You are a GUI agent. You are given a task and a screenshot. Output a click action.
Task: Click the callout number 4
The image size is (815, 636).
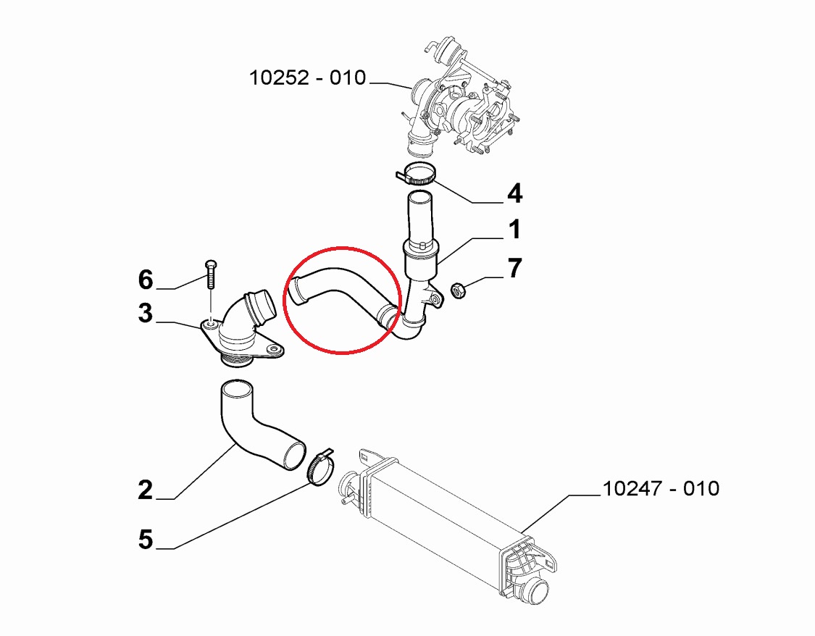coord(514,194)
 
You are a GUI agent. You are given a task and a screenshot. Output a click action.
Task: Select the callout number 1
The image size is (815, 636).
coord(514,229)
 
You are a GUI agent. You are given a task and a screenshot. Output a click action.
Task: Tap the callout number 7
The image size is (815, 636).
coord(514,269)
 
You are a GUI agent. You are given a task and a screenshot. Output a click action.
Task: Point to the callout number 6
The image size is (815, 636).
coord(146,280)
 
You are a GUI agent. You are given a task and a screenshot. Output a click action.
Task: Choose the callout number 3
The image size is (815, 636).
coord(146,314)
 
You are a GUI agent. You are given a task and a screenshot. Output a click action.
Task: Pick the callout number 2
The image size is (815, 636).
coord(146,490)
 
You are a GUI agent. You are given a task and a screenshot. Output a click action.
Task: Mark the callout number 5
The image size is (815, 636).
coord(146,540)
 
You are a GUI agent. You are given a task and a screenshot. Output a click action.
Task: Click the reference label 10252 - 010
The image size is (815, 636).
coord(308,78)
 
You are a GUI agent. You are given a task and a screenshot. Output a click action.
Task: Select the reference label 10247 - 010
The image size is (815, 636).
coord(661,488)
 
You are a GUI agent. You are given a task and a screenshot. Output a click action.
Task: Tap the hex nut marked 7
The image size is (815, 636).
coord(458,290)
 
